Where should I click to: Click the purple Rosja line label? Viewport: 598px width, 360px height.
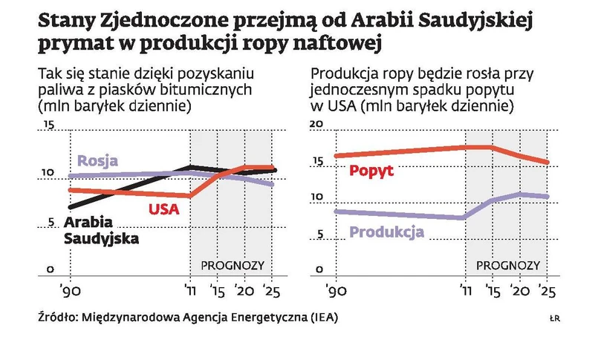pos(98,160)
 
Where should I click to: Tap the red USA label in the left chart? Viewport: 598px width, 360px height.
pos(164,209)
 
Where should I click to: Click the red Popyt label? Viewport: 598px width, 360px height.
pos(371,171)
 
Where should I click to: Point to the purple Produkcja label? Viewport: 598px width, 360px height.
pos(386,232)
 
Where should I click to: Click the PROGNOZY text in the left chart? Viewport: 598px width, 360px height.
pos(233,265)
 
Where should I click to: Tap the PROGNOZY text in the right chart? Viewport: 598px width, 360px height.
pos(507,265)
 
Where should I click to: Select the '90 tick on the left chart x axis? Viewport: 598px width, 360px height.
pos(68,289)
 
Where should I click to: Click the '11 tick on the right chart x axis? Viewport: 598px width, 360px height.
pos(465,289)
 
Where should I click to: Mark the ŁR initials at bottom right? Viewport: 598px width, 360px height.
pos(553,318)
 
